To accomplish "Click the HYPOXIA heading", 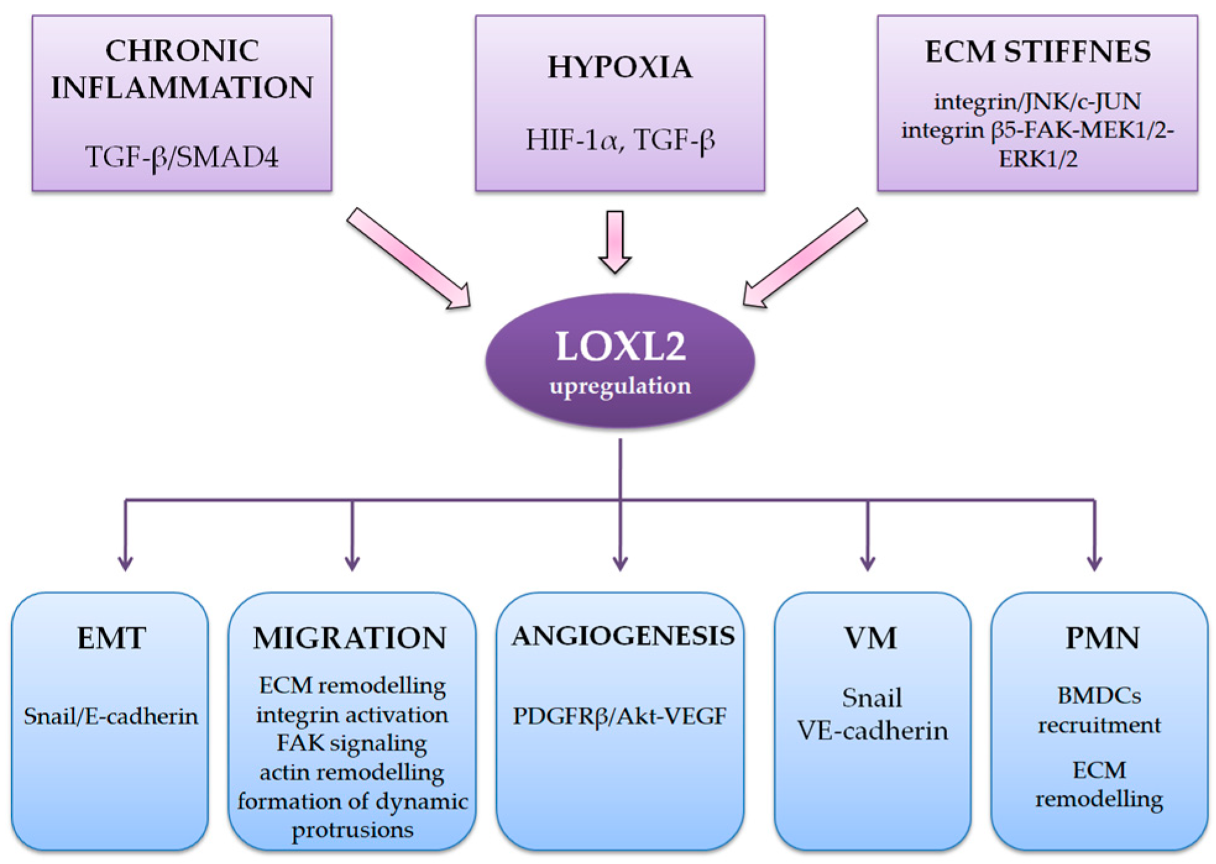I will [620, 67].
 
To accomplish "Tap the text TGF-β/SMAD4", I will [182, 157].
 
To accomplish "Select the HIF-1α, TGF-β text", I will [620, 140].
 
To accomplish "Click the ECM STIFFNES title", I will [1037, 51].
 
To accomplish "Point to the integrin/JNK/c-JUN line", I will [1037, 101].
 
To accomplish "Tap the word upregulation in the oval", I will [620, 386].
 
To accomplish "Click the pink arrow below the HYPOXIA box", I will [615, 241].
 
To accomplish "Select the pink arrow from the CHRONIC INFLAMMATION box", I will [408, 258].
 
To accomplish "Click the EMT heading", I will [111, 638].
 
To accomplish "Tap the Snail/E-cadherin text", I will [111, 716].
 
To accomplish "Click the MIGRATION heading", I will [350, 638].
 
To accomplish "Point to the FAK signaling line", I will [351, 743].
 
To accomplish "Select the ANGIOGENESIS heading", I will [623, 636].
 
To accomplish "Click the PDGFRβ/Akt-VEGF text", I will [620, 716].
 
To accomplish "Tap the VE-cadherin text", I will [872, 731].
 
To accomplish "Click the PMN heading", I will [1102, 638].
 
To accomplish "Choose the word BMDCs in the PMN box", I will [1099, 696].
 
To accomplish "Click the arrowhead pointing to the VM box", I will [868, 563].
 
